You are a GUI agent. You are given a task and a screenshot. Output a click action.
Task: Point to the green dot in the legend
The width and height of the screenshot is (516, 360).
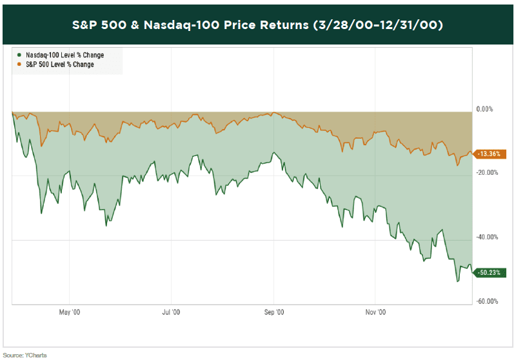[19, 55]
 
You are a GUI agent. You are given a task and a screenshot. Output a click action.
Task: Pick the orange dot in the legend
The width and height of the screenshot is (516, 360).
[19, 65]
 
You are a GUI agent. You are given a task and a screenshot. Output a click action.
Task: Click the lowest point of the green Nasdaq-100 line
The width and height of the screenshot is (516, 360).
[457, 281]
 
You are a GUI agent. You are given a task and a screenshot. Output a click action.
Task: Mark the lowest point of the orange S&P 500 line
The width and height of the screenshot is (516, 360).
[457, 166]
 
